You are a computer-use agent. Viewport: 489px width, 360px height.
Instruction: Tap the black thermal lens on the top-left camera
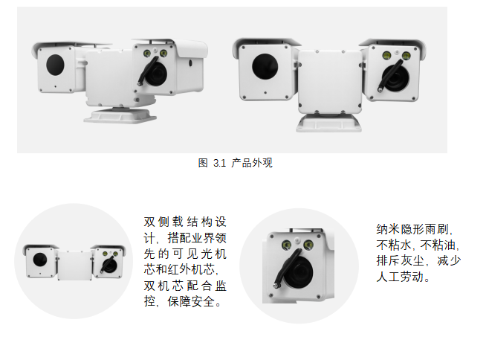click(55, 65)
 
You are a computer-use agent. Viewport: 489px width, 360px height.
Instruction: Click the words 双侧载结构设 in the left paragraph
click(184, 222)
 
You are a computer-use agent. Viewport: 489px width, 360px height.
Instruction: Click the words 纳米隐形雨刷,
click(415, 229)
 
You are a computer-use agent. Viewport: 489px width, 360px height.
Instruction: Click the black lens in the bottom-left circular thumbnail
click(37, 260)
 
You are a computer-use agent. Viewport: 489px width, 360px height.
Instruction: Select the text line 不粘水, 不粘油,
click(415, 245)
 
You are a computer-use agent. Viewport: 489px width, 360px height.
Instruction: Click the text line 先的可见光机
click(184, 254)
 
